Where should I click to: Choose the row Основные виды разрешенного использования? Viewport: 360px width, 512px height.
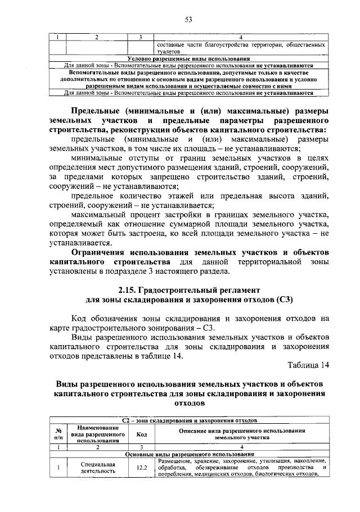tap(189, 454)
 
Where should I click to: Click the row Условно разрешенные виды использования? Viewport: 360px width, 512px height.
tap(189, 59)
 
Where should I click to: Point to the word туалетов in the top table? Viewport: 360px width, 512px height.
tap(169, 51)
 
